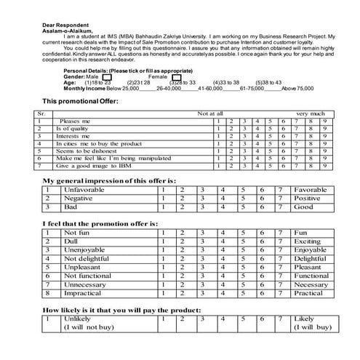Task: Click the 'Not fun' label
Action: [78, 233]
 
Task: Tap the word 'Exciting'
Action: [306, 241]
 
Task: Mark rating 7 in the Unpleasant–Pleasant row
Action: [279, 267]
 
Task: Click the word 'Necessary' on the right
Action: [311, 284]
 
